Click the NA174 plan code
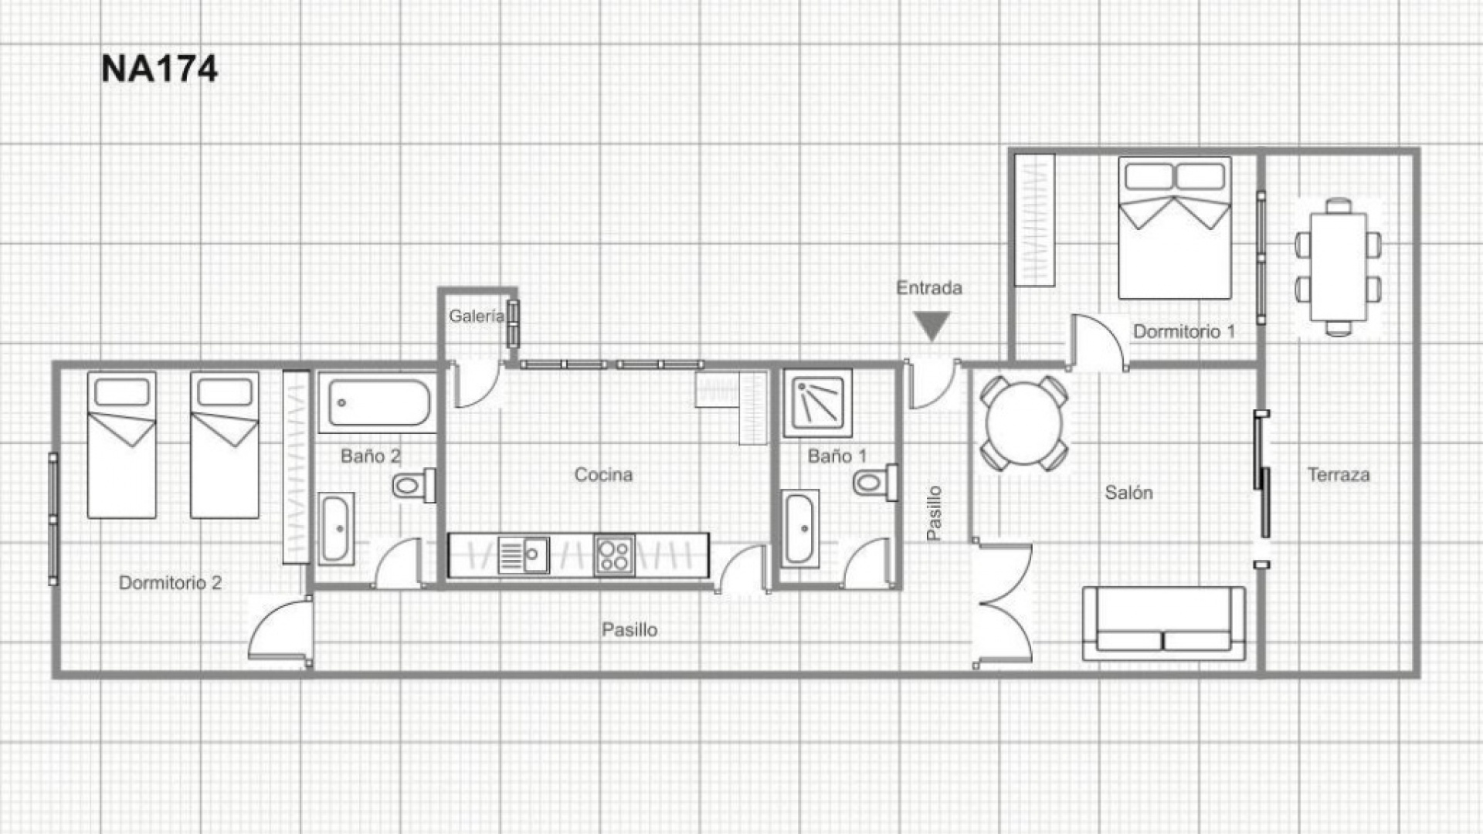(159, 69)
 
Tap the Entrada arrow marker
(932, 325)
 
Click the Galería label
(476, 316)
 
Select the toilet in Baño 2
(412, 486)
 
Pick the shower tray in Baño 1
(817, 403)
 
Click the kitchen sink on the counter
(524, 555)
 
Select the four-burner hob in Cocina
(615, 555)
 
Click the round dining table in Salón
(1024, 424)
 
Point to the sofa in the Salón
(1163, 624)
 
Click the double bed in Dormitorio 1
(1174, 229)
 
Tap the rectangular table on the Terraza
(1338, 266)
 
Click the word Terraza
(1338, 475)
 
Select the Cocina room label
(603, 475)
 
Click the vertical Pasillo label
(934, 514)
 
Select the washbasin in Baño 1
(799, 528)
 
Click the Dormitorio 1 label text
(1183, 332)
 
